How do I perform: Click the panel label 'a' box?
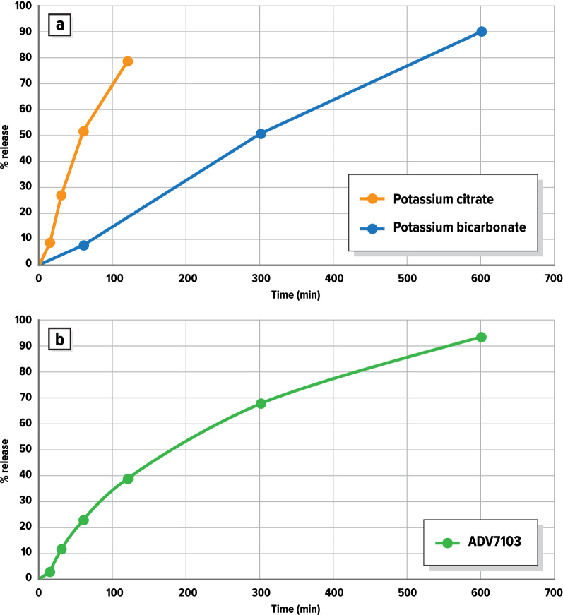click(x=60, y=25)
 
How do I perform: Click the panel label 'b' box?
click(x=60, y=339)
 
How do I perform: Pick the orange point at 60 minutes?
click(x=83, y=131)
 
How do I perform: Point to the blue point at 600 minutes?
click(x=481, y=31)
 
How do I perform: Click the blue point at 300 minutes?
click(x=261, y=133)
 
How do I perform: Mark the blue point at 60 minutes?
click(x=83, y=245)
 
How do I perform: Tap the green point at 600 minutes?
click(x=481, y=337)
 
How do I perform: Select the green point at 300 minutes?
click(x=261, y=403)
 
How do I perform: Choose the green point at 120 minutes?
click(x=128, y=479)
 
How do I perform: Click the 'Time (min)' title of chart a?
click(x=296, y=294)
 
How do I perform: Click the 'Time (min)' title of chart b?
click(x=296, y=607)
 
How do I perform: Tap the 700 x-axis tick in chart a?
click(x=553, y=278)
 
